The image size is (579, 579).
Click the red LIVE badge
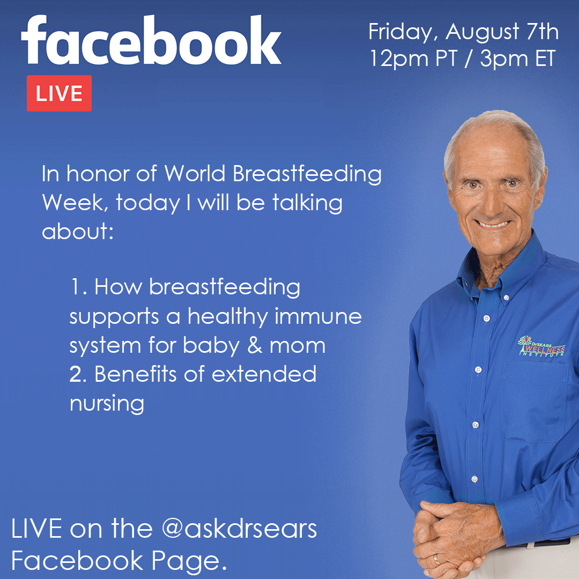(59, 93)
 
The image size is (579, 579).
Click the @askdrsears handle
(239, 529)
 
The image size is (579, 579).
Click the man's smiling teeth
(492, 224)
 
